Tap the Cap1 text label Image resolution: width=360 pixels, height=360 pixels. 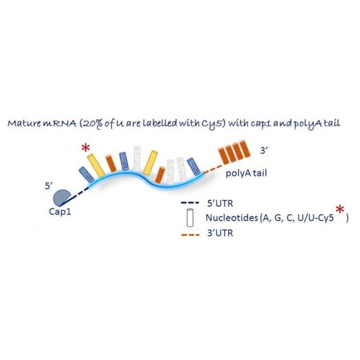click(x=60, y=211)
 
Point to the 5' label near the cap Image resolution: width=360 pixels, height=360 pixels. click(x=49, y=186)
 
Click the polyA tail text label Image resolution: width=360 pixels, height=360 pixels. click(x=246, y=174)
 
